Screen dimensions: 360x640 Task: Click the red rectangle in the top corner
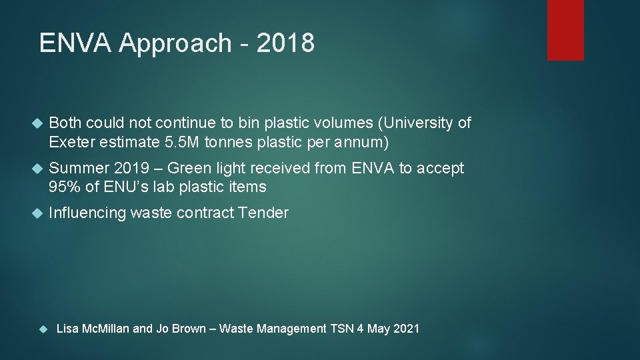(x=565, y=30)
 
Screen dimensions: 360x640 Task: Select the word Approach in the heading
(x=175, y=43)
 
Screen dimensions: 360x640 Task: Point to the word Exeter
(x=70, y=141)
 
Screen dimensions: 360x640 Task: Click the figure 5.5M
(x=185, y=141)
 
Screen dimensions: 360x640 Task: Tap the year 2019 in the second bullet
(x=133, y=168)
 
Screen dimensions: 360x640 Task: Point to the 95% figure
(x=64, y=187)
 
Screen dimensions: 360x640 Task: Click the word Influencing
(x=87, y=213)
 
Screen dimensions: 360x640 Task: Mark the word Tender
(x=265, y=213)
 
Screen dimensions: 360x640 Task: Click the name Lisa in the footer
(x=68, y=328)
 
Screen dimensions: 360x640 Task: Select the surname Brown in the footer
(x=189, y=328)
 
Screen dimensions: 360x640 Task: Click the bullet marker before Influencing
(x=37, y=213)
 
